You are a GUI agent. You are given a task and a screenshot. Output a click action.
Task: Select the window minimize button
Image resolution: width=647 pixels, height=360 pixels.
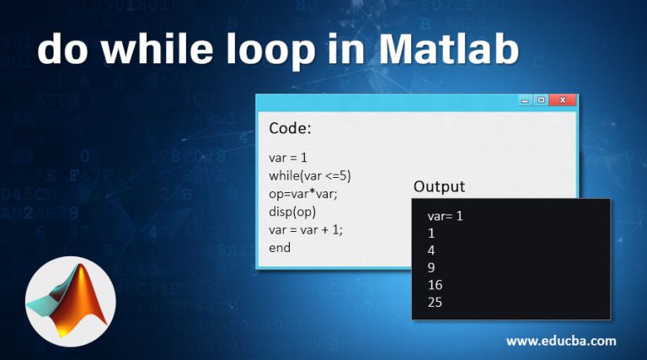pyautogui.click(x=524, y=100)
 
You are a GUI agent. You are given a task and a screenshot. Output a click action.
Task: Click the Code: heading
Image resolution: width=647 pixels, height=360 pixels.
pyautogui.click(x=290, y=129)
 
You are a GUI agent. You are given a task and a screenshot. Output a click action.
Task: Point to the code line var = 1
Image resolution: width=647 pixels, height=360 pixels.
pyautogui.click(x=287, y=158)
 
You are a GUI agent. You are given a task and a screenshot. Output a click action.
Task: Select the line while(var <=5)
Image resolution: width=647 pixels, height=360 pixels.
pyautogui.click(x=309, y=175)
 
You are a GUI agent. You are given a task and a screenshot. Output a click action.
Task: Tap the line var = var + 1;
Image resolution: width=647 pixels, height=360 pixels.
pyautogui.click(x=306, y=229)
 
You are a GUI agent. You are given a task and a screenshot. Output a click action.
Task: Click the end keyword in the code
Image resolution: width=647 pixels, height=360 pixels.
pyautogui.click(x=280, y=248)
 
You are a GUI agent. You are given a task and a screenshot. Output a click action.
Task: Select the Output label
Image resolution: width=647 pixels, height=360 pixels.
pyautogui.click(x=439, y=186)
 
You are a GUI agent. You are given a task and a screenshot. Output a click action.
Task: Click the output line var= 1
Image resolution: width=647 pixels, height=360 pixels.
pyautogui.click(x=446, y=216)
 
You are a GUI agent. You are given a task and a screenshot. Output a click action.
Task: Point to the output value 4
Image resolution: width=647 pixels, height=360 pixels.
pyautogui.click(x=431, y=250)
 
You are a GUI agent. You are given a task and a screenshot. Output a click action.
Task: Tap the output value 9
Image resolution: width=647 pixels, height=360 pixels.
pyautogui.click(x=431, y=267)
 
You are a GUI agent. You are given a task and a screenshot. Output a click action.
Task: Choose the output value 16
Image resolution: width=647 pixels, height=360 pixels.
pyautogui.click(x=435, y=285)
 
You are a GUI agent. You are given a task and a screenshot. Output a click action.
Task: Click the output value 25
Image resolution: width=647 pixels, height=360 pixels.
pyautogui.click(x=435, y=302)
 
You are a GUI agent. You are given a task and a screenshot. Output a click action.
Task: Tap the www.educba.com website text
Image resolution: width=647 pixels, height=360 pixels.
pyautogui.click(x=560, y=341)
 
